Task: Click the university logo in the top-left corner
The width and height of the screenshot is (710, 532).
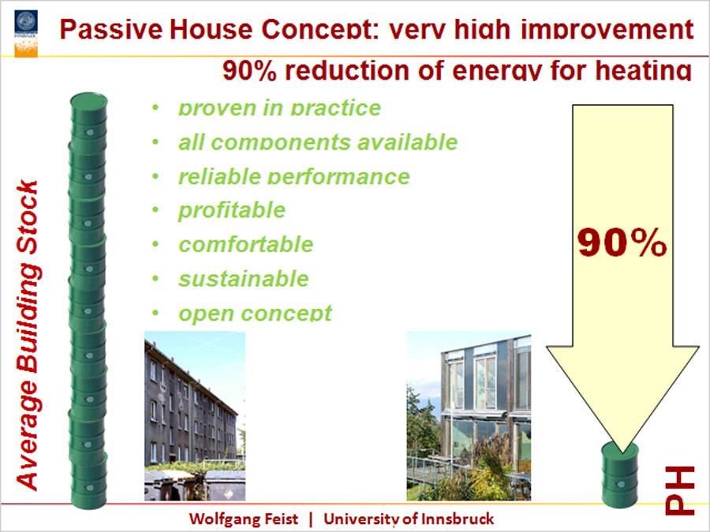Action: [x=26, y=33]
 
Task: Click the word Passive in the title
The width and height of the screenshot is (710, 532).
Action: [x=111, y=29]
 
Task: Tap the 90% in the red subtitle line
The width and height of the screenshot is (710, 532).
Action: [x=249, y=71]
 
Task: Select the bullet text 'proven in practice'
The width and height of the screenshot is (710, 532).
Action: [x=279, y=108]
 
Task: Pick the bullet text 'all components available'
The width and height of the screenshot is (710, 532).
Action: [x=318, y=142]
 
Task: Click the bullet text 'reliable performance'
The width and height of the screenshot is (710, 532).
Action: [x=294, y=177]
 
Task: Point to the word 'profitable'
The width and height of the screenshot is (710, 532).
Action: [x=232, y=210]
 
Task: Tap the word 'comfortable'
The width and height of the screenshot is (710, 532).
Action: [x=246, y=244]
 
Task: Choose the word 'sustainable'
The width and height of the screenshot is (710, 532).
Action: [x=244, y=279]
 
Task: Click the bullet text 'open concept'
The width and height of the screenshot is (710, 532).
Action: [x=256, y=313]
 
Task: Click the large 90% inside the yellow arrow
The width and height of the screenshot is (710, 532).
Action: [x=622, y=243]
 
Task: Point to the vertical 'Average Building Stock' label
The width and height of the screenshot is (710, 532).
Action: [x=28, y=335]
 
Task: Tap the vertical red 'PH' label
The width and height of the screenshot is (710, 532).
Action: [x=680, y=490]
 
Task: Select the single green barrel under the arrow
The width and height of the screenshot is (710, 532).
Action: [x=620, y=475]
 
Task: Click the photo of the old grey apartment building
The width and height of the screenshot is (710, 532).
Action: [x=195, y=415]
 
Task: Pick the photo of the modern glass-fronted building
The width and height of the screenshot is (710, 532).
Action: [x=469, y=415]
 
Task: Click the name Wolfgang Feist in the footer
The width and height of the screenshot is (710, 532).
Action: [x=244, y=519]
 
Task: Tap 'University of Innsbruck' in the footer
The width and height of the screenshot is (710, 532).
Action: [x=409, y=519]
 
